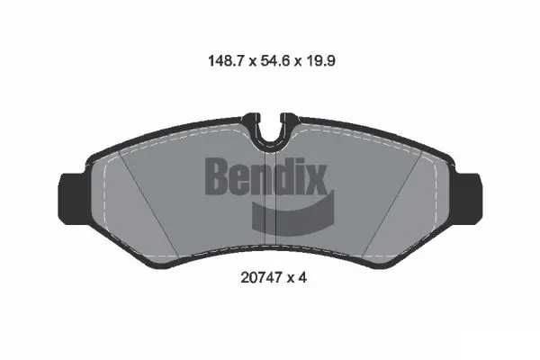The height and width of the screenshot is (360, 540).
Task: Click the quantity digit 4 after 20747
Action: tap(305, 278)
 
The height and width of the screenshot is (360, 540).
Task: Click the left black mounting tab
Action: tap(72, 192)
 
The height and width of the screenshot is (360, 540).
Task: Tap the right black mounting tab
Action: tap(466, 192)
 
